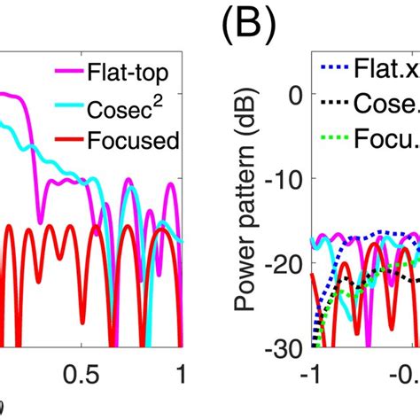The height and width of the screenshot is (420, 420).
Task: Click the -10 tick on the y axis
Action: (x=289, y=180)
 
